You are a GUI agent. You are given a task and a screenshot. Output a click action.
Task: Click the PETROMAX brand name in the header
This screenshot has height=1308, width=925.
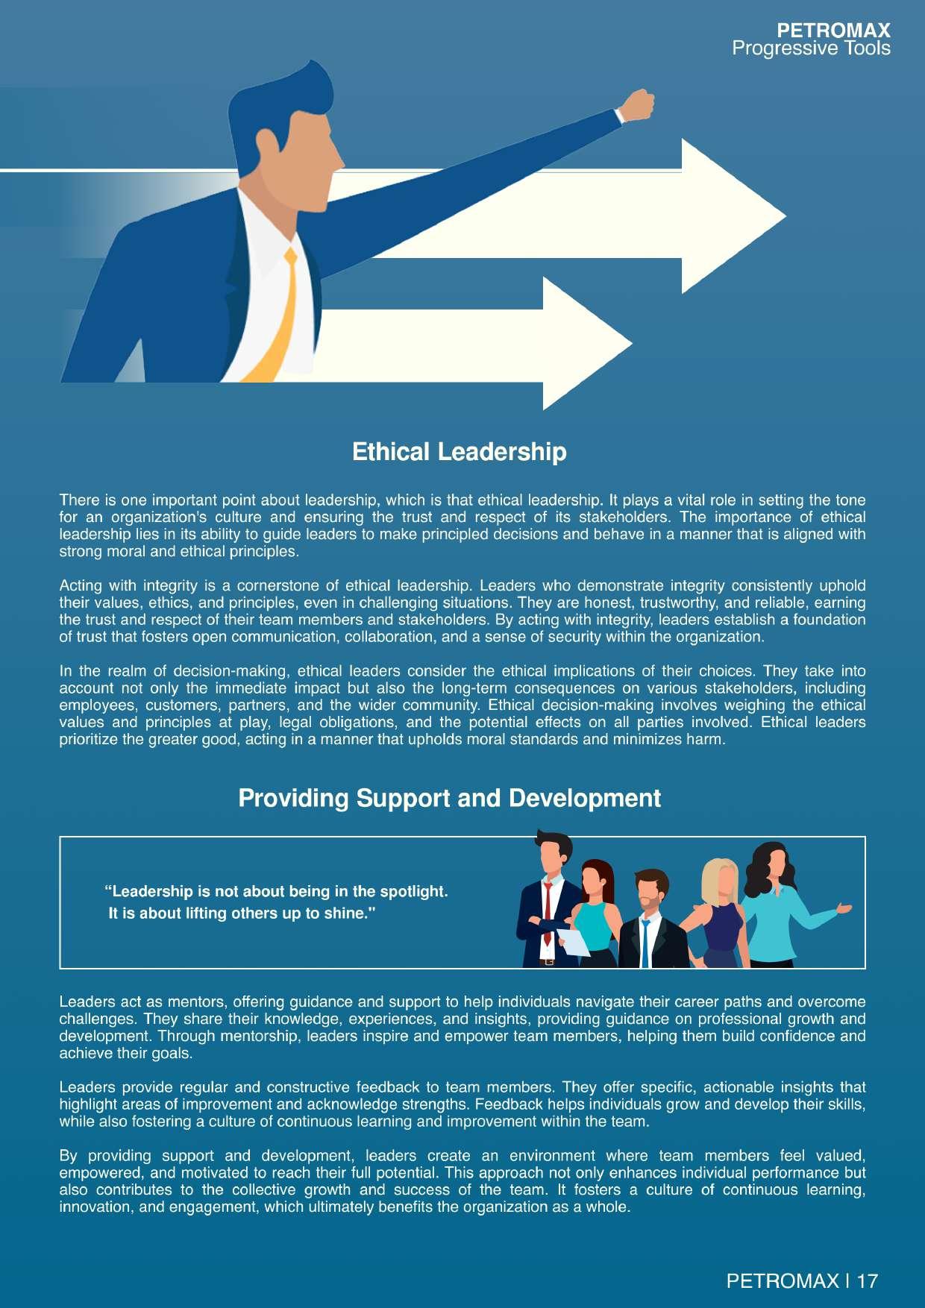(833, 31)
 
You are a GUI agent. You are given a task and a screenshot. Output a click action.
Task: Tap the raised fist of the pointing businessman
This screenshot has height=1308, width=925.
(637, 105)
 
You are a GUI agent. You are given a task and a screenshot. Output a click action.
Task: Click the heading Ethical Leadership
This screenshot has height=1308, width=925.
(459, 452)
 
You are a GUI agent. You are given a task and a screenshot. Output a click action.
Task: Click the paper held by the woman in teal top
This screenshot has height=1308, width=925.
(573, 941)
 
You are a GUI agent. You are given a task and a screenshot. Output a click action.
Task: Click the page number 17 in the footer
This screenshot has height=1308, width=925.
(868, 1281)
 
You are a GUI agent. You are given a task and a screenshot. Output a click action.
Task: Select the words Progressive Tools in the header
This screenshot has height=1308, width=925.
(811, 48)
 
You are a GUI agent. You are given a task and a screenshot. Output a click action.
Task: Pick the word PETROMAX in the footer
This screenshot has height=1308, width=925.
(782, 1281)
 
